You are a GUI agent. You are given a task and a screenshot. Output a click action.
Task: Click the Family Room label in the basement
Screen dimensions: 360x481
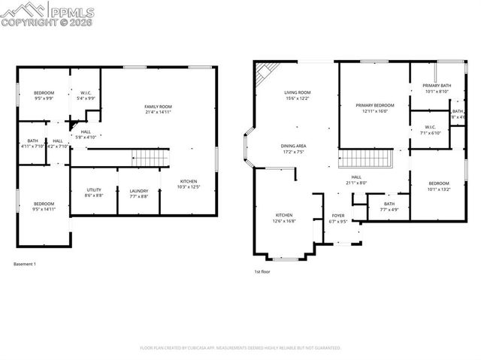point(158,110)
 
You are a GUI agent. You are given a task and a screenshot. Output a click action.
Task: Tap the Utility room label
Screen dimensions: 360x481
point(94,192)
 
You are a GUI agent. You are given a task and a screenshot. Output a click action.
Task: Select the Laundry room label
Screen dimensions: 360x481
point(139,192)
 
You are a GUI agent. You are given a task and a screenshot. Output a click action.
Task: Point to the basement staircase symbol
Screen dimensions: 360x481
point(145,158)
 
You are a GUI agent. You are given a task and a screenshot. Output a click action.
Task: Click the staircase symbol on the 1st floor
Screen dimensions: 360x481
point(366,159)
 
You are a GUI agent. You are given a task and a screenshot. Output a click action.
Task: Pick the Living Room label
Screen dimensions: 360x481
point(297,95)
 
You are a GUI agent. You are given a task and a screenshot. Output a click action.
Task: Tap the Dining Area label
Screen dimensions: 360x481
point(294,148)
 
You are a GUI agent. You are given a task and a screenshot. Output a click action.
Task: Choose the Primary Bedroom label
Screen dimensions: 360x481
point(374,108)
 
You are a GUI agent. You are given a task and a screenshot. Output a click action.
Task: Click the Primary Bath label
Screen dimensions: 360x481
point(435,89)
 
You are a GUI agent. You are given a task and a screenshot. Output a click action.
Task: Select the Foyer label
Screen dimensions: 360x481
point(338,219)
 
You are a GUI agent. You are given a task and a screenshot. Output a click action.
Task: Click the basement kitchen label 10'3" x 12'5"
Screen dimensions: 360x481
point(188,183)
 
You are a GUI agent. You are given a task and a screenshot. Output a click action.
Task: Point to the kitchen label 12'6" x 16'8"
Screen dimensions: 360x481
point(283,218)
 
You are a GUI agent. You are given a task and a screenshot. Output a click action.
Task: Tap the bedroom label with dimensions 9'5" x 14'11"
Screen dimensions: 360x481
point(44,206)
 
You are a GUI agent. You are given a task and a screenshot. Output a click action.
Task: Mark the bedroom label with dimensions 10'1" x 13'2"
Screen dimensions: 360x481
point(438,186)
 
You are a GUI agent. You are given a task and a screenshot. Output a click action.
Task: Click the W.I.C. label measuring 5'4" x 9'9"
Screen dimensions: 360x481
point(86,95)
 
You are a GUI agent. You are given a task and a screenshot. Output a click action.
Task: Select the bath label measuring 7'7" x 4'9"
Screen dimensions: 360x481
point(389,206)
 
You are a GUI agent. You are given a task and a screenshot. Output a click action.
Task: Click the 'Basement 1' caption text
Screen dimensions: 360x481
point(25,264)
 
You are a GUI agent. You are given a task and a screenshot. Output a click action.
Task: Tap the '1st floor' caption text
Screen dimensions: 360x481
point(262,271)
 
